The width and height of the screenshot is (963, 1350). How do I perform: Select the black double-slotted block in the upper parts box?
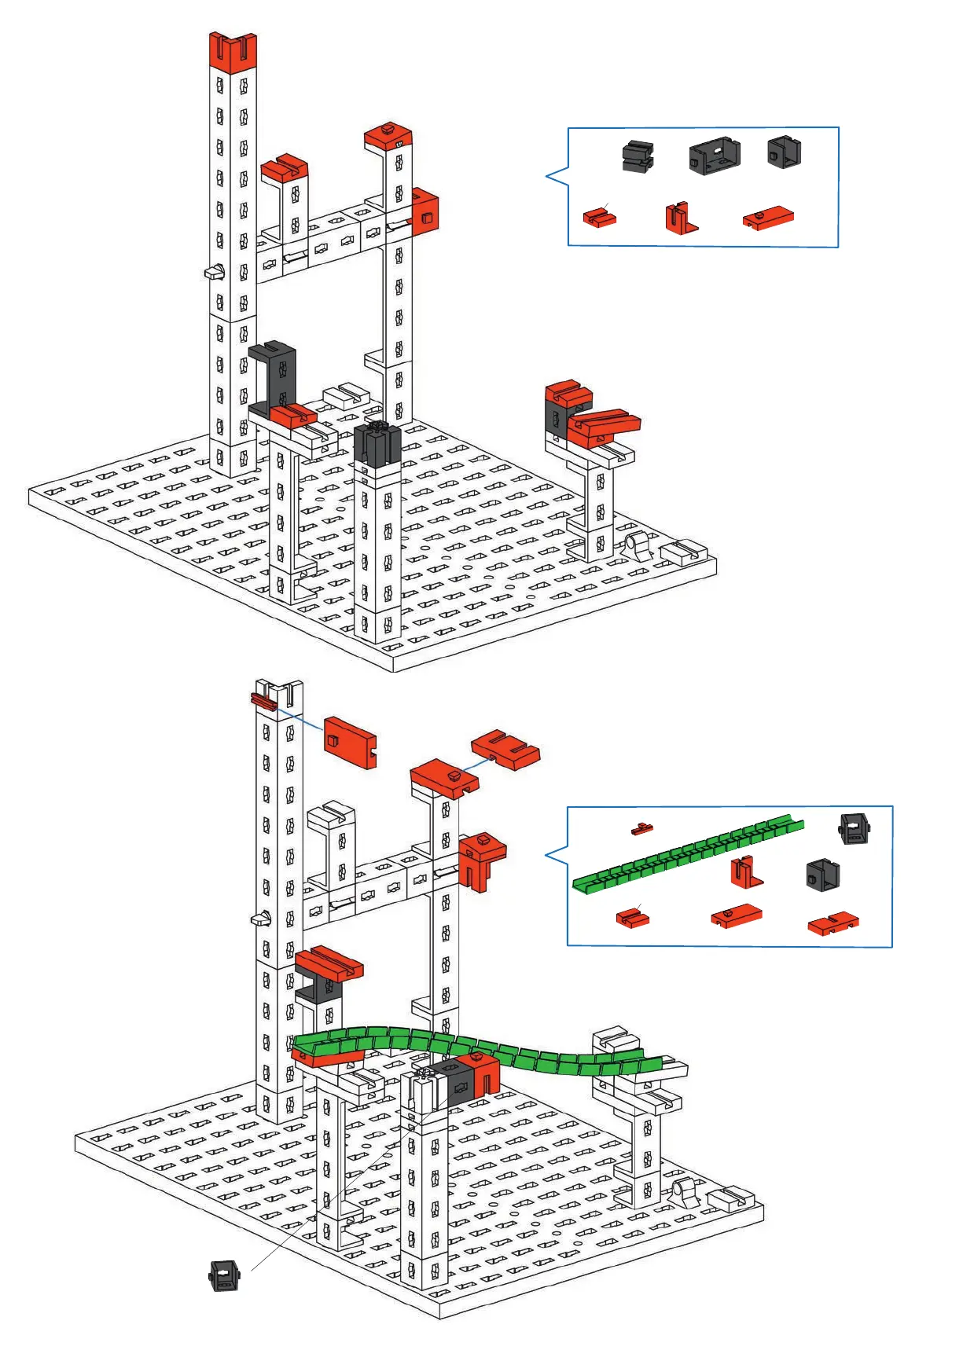[x=638, y=156]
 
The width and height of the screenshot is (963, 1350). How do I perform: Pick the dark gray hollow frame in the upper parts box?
[x=715, y=155]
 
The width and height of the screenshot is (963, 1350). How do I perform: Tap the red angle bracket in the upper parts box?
[x=681, y=218]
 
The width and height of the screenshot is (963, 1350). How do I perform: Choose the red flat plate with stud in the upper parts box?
[x=768, y=218]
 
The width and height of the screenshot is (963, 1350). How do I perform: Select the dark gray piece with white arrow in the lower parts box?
[x=855, y=828]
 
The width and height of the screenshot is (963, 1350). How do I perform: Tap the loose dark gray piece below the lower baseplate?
[x=224, y=1275]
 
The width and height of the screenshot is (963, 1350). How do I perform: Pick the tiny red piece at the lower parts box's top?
[x=642, y=828]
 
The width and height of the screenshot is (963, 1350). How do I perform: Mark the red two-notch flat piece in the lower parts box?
[x=833, y=923]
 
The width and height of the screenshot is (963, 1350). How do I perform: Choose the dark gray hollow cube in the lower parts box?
[x=822, y=874]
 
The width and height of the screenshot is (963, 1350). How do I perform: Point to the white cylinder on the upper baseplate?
[x=639, y=544]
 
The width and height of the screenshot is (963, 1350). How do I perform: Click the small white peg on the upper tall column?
[x=214, y=273]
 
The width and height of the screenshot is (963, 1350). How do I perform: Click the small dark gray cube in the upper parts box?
[x=784, y=152]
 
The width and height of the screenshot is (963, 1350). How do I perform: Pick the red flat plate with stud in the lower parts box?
[x=737, y=915]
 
